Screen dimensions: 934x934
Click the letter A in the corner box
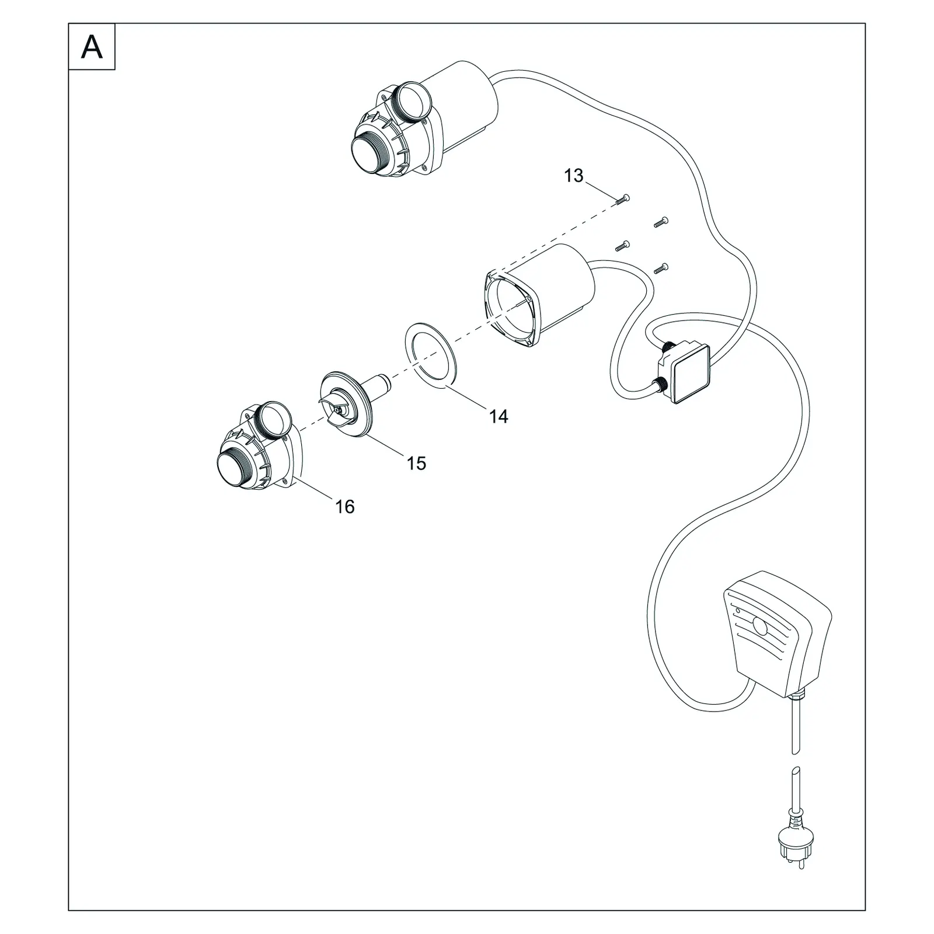pyautogui.click(x=92, y=47)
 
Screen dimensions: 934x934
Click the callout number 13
pyautogui.click(x=573, y=176)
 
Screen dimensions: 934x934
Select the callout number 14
pyautogui.click(x=499, y=417)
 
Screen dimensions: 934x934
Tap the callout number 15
pyautogui.click(x=416, y=463)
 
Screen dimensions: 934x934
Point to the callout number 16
pyautogui.click(x=344, y=507)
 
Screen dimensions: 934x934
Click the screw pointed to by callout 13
pyautogui.click(x=622, y=199)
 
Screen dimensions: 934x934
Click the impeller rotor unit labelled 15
pyautogui.click(x=353, y=402)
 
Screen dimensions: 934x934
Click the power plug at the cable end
pyautogui.click(x=797, y=838)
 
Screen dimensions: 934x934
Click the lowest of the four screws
pyautogui.click(x=661, y=268)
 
